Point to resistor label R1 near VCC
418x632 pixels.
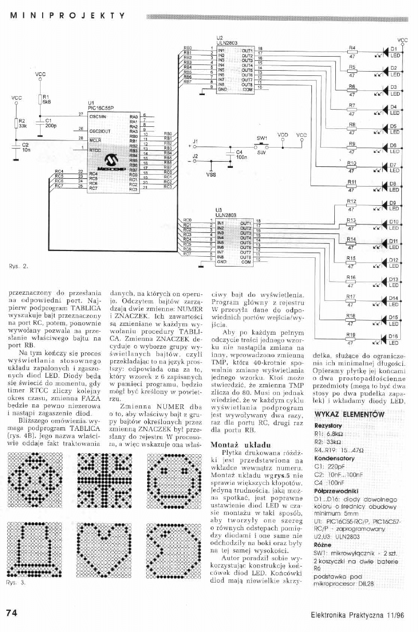(45, 97)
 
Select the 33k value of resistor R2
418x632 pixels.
(22, 126)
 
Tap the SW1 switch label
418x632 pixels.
(261, 138)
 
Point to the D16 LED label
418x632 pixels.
(394, 336)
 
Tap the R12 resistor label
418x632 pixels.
(351, 201)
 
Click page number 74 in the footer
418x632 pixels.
(12, 613)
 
